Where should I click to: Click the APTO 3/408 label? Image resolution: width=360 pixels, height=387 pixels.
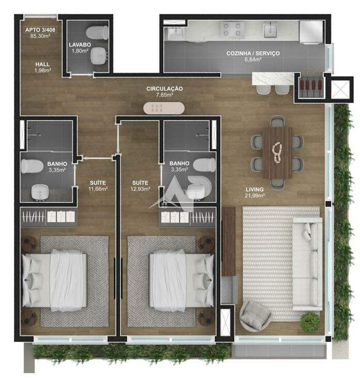pos(40,30)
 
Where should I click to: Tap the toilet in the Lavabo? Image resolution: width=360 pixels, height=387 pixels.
pos(97,32)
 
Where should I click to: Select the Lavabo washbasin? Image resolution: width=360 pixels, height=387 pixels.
pos(99,56)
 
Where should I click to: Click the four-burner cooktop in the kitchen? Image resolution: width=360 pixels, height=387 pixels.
pos(231,29)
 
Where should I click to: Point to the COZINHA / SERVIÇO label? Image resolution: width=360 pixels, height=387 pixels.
pos(253,53)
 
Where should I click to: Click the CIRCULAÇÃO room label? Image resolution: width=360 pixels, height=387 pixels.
pos(164,89)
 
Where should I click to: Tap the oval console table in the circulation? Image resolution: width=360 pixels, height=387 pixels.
pos(164,108)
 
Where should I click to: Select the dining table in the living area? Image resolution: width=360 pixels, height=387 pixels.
pos(277,153)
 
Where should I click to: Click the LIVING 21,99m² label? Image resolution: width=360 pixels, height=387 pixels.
pos(255,192)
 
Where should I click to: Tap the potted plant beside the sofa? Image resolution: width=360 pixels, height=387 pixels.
pos(309,320)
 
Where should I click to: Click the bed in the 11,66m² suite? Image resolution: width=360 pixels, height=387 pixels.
pos(55,280)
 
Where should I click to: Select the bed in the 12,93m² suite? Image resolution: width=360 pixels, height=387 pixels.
pos(181,280)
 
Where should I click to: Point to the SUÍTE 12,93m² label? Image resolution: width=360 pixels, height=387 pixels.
pos(140,186)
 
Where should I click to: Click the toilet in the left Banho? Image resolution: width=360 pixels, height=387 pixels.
pos(32,166)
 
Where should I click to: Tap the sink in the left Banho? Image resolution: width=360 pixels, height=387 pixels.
pos(40,192)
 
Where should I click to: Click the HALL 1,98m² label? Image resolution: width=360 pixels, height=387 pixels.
pos(42,67)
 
